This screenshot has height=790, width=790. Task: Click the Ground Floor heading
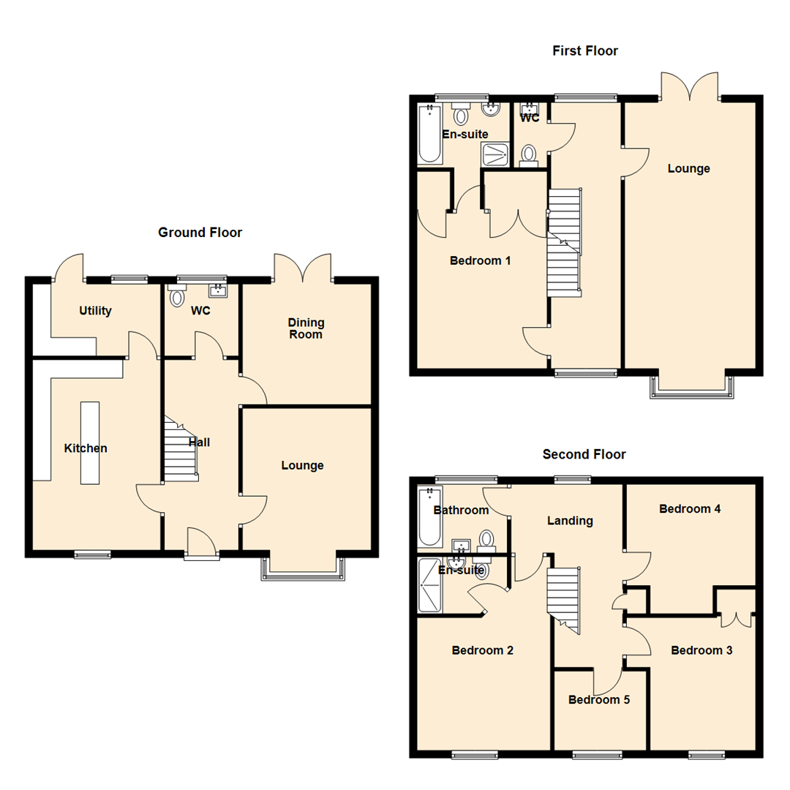(200, 233)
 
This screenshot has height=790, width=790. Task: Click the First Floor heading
(584, 50)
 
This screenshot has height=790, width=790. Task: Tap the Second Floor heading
(584, 454)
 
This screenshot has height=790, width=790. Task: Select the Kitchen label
(86, 448)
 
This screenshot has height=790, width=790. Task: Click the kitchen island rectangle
(89, 443)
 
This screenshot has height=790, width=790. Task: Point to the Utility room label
(95, 311)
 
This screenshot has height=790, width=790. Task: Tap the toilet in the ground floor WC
(176, 296)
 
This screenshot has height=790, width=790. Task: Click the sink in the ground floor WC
(218, 291)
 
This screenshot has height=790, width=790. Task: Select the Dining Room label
(306, 328)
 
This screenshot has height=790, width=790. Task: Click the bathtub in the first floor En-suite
(429, 134)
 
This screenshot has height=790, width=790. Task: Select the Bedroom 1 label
(480, 260)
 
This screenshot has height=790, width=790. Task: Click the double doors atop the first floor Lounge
(690, 85)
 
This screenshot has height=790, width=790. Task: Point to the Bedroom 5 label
(599, 699)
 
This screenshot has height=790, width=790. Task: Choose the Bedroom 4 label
(690, 508)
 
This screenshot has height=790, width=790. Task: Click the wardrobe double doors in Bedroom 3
(735, 616)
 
